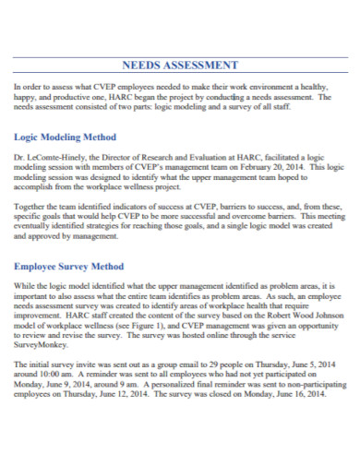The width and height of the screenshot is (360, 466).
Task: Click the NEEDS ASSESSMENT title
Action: click(x=180, y=66)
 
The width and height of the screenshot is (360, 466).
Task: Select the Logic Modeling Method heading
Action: click(x=65, y=137)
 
